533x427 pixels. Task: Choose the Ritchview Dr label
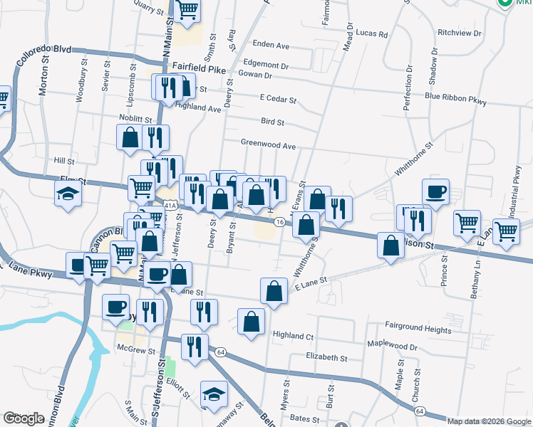[460, 33]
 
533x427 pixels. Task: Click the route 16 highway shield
[281, 223]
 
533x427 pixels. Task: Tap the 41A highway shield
[169, 206]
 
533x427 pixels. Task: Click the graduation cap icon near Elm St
[68, 194]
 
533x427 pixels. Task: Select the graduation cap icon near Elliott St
[214, 394]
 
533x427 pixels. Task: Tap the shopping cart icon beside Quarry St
[187, 10]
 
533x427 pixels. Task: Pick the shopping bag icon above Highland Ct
[250, 321]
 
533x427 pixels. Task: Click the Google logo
[24, 418]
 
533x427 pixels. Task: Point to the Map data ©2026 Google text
[489, 421]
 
